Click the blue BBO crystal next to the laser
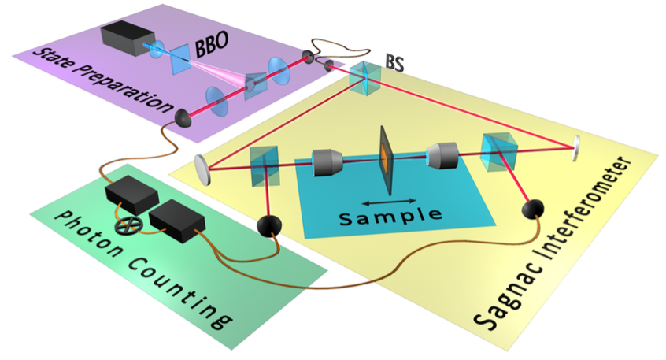click(x=179, y=54)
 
